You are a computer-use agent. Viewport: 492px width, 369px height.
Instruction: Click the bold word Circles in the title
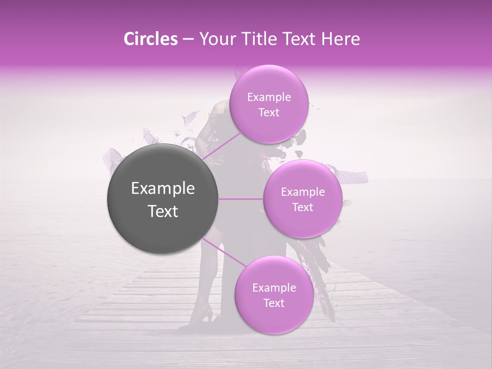150,39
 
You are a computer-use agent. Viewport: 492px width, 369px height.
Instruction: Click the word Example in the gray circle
163,189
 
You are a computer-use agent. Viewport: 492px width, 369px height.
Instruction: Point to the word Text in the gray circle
163,211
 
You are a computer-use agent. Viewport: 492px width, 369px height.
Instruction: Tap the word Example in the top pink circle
269,97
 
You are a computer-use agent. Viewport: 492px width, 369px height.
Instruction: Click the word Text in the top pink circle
269,113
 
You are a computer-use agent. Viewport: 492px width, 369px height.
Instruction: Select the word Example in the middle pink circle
302,192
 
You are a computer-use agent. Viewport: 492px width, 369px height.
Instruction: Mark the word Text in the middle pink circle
302,208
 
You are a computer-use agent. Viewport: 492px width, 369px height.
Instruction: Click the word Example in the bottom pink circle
274,288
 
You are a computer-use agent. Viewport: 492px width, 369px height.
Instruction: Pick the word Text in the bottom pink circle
274,303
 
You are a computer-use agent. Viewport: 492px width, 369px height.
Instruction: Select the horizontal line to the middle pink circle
241,199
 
